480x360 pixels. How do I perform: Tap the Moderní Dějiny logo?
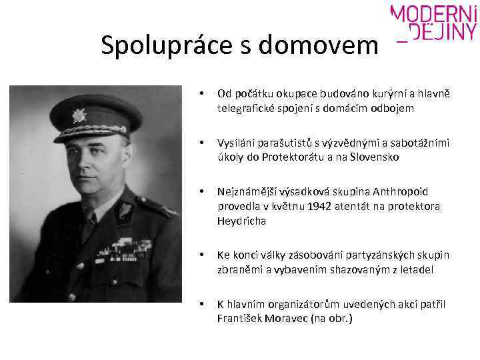pyautogui.click(x=433, y=24)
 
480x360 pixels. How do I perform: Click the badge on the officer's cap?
pyautogui.click(x=79, y=115)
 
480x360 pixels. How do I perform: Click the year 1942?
pyautogui.click(x=329, y=206)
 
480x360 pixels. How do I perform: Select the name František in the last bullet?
pyautogui.click(x=238, y=318)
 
